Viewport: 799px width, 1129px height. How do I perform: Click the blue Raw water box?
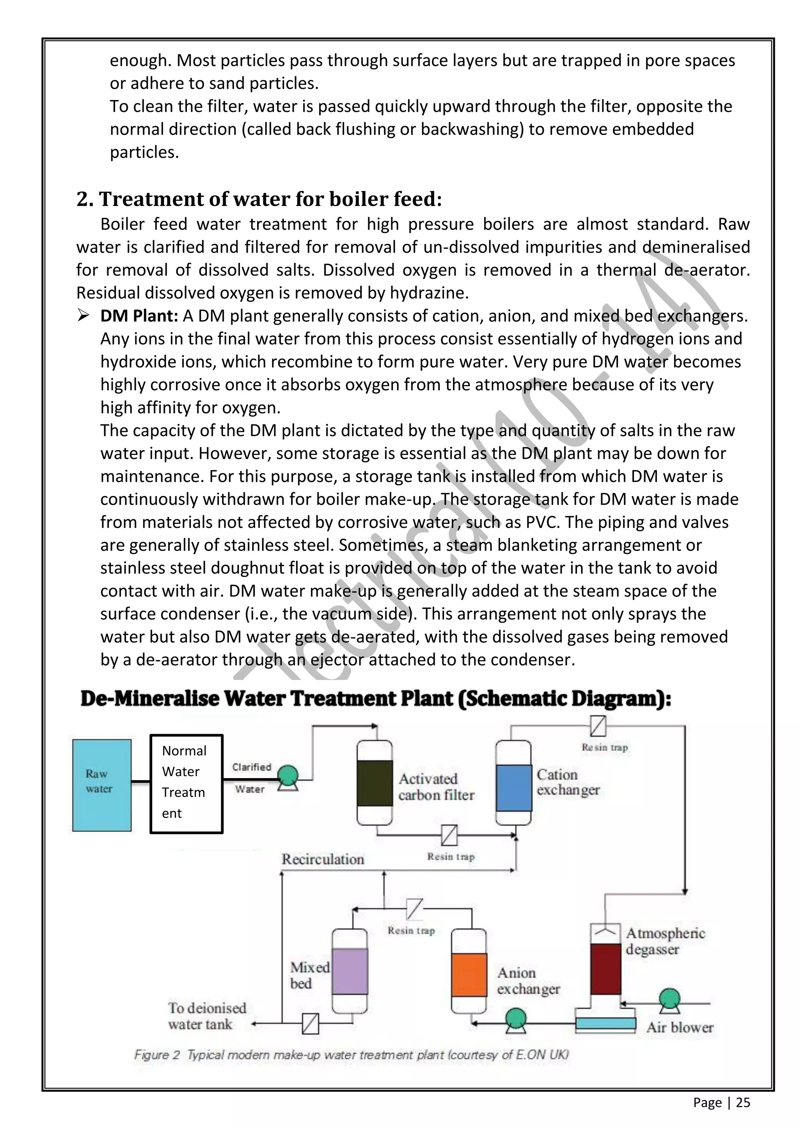pyautogui.click(x=102, y=785)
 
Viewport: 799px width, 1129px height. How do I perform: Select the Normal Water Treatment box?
pyautogui.click(x=186, y=784)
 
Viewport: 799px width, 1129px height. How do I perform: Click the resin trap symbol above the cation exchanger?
pyautogui.click(x=598, y=726)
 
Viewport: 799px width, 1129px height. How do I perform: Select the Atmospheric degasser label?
pyautogui.click(x=665, y=941)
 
